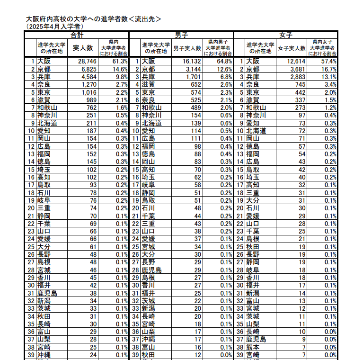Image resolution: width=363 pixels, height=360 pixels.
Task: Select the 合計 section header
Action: pos(77,35)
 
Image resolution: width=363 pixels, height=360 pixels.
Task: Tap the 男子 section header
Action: pos(181,35)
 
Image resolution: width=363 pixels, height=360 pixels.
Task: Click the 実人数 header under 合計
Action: pos(83,47)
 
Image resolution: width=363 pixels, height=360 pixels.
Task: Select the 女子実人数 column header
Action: pos(292,48)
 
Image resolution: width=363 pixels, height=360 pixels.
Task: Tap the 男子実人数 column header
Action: pos(187,48)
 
